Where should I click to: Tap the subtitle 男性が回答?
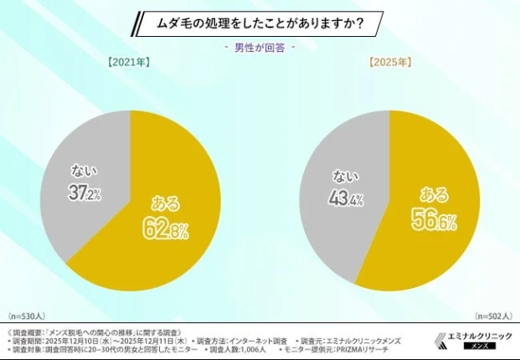tap(260, 48)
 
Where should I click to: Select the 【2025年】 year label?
tap(390, 63)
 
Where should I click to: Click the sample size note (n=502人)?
tap(492, 317)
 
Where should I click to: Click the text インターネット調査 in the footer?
tap(256, 342)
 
